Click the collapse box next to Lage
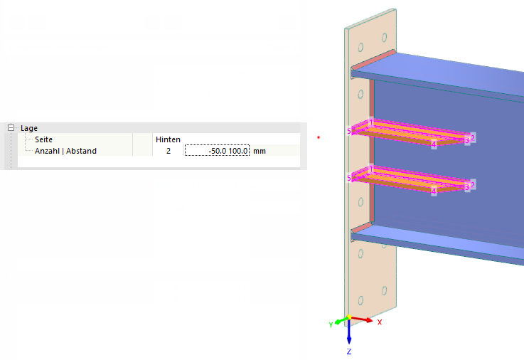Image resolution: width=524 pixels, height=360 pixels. (11, 127)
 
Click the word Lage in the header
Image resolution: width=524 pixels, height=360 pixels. (29, 128)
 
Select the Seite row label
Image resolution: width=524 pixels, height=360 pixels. (44, 139)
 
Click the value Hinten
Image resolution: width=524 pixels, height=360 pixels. (168, 139)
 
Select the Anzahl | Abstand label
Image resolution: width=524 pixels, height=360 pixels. (66, 151)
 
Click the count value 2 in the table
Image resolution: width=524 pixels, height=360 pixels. (169, 151)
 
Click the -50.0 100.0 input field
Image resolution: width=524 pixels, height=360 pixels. (217, 151)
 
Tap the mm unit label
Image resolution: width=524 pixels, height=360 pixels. (260, 151)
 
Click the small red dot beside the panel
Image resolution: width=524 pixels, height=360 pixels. (319, 137)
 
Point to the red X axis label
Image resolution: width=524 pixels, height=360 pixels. (379, 322)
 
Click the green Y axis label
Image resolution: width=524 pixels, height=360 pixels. (331, 324)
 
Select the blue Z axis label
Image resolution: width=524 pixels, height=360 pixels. (349, 351)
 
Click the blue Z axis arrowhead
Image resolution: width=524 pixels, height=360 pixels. (349, 340)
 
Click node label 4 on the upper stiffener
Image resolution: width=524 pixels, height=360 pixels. (434, 144)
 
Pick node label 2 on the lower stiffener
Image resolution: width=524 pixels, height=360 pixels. (473, 184)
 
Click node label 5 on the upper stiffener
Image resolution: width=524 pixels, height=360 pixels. (349, 131)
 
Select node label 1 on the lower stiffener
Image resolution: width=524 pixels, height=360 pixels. (371, 169)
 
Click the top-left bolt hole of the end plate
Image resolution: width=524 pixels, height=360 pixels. (360, 48)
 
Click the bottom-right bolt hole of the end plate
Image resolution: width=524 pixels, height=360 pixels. (385, 291)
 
